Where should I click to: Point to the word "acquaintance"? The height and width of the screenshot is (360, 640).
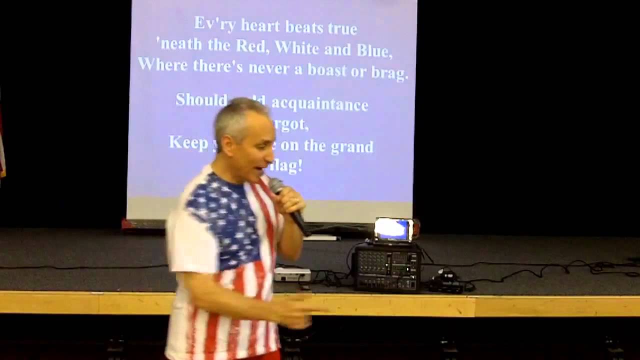point(319,104)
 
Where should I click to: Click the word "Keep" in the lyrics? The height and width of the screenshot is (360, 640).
point(188,142)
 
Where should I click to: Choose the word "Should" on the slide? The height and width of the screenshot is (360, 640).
point(201,100)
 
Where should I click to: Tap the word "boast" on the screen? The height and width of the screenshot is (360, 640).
point(326,69)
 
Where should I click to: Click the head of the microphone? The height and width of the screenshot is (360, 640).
point(276,186)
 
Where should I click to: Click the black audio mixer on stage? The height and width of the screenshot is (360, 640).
point(386,267)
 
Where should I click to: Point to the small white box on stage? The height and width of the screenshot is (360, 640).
point(292,274)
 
